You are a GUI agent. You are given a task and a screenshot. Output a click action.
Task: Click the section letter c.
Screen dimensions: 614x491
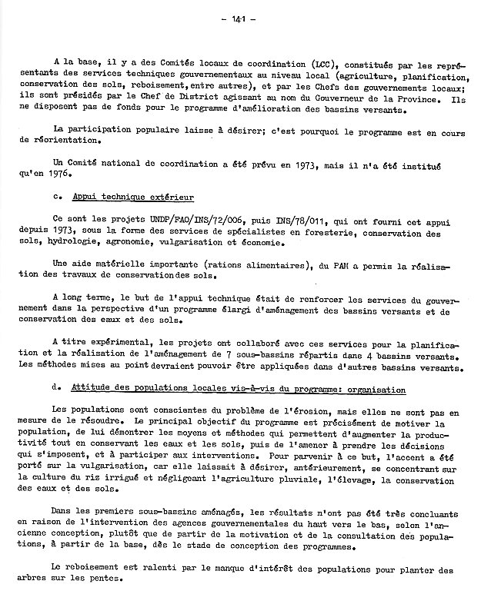[x=56, y=197]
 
